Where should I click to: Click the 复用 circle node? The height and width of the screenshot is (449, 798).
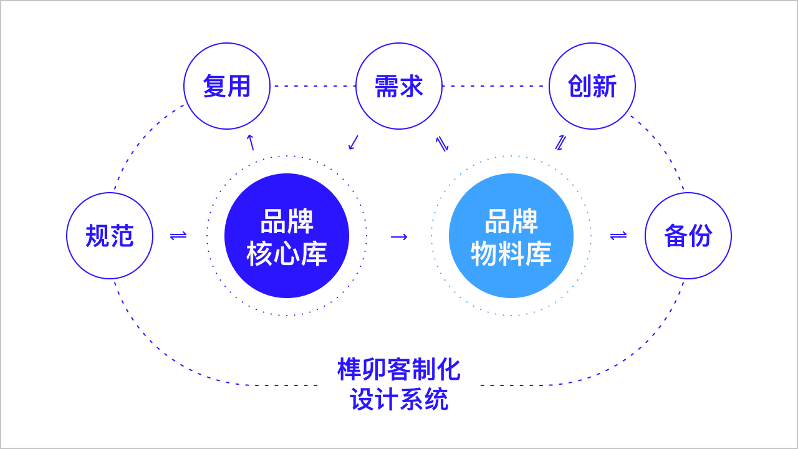pos(227,86)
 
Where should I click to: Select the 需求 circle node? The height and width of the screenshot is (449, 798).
pos(399,86)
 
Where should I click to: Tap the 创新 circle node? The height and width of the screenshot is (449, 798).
pos(592,86)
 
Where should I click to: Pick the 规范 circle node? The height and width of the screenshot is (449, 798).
pos(110,236)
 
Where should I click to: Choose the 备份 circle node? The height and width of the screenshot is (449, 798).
pos(688,236)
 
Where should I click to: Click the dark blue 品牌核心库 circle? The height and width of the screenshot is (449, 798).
pos(287,236)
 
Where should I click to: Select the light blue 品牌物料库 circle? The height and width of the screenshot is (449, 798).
pos(511,236)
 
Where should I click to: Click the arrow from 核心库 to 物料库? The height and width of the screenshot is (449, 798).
pos(399,236)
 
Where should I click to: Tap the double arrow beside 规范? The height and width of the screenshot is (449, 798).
pos(178,236)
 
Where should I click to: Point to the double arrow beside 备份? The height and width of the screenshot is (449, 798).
pos(618,236)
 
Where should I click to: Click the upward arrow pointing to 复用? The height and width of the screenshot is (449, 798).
pos(251,142)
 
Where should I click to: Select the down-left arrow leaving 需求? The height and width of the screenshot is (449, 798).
pos(353,142)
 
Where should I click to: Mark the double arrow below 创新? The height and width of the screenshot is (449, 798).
pos(560,143)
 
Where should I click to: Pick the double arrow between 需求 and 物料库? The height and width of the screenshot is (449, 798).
pos(442,144)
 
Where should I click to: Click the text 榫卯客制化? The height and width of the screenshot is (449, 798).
pos(399,370)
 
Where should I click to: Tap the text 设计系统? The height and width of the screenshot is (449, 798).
pos(399,400)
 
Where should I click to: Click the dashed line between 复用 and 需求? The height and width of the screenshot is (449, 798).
pos(313,86)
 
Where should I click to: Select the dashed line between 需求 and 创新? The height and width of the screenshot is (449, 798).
pos(496,86)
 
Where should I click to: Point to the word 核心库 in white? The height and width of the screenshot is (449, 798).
pos(287,254)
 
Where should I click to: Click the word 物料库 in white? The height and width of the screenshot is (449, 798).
pos(511,254)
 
